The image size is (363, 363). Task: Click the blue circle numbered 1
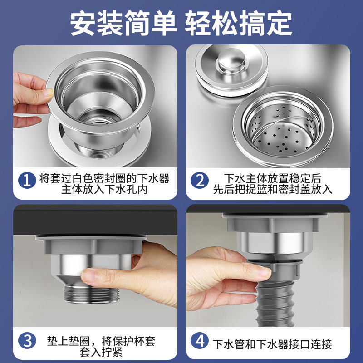27,181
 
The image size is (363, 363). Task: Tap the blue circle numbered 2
200,181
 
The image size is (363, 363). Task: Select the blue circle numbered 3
27,341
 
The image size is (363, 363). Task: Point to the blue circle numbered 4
200,341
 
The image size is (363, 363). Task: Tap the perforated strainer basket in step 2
283,130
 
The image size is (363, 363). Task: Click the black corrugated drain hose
275,303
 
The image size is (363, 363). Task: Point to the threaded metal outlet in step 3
92,294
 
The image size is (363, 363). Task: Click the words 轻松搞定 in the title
239,23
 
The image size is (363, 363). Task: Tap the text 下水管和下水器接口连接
272,344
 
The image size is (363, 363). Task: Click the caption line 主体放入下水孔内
104,189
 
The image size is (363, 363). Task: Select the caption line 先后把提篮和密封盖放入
273,189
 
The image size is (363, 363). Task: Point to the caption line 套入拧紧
101,352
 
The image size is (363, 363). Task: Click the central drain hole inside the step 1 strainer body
100,120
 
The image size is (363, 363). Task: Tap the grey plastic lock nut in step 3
91,245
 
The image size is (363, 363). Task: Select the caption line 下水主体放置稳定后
273,178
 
